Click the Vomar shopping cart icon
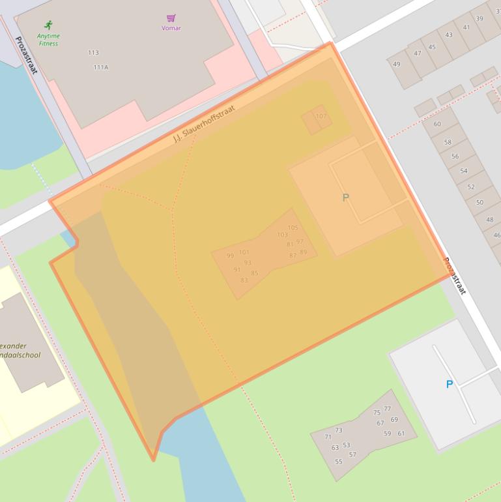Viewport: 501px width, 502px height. coord(171,18)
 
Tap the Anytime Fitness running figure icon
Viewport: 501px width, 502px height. coord(48,25)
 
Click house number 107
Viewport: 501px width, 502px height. coord(321,116)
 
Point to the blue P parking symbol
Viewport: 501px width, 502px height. coord(449,385)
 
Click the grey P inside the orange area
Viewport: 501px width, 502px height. coord(346,198)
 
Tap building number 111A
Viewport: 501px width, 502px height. coord(101,67)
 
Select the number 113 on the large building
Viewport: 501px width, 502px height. coord(93,53)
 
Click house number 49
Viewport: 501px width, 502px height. coord(397,64)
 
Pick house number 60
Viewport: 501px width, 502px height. coord(437,124)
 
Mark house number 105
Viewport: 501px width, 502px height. coord(293,228)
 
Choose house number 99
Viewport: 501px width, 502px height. coord(230,256)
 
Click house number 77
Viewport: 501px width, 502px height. coord(388,409)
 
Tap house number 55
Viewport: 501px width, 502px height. coord(339,462)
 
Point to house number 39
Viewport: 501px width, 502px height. coord(480,18)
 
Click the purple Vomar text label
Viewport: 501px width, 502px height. coord(171,28)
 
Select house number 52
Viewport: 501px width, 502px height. coord(470,186)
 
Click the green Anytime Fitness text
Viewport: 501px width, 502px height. coord(48,40)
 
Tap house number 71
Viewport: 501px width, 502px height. coord(328,437)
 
